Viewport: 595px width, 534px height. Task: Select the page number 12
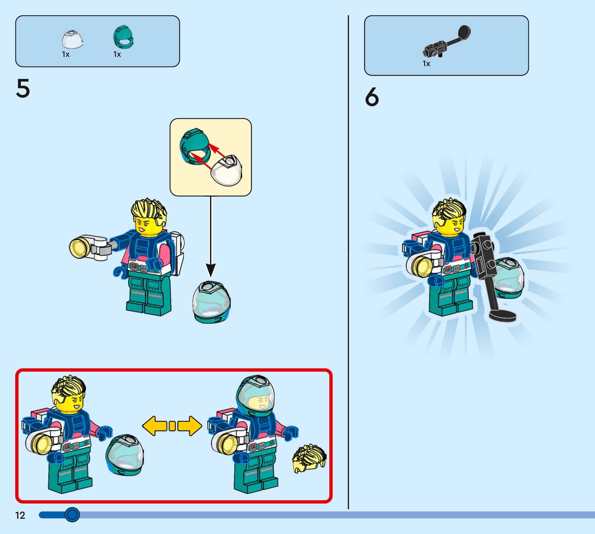20,515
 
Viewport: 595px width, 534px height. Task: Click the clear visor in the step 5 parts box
72,39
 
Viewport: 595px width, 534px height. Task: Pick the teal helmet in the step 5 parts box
123,37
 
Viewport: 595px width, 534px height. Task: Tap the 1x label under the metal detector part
426,64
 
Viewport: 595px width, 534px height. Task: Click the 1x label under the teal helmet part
117,54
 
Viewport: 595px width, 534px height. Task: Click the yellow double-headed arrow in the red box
172,426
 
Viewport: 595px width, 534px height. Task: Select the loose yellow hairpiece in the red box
309,458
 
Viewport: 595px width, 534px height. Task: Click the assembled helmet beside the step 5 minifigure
212,302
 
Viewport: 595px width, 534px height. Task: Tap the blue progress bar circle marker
72,514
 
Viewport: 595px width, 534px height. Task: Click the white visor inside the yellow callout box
227,171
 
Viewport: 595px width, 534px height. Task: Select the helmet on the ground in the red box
125,454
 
